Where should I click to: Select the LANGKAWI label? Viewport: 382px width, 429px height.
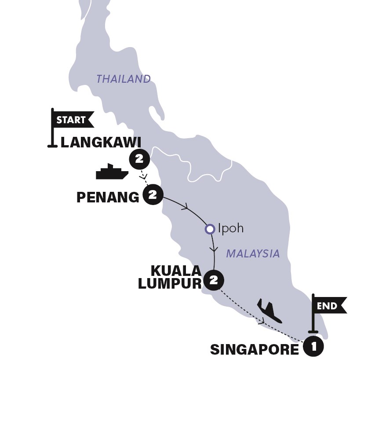101,142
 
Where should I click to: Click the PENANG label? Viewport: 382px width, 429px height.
108,197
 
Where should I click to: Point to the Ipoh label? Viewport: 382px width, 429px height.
230,229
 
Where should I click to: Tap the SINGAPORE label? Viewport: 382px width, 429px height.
255,349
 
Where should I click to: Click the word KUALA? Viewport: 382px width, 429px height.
176,270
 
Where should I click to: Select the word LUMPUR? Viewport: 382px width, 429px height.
170,284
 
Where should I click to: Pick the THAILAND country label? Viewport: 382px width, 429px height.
124,79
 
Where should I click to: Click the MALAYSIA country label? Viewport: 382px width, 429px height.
253,253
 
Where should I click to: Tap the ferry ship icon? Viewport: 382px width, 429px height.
112,172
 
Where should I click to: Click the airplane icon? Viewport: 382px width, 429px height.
269,311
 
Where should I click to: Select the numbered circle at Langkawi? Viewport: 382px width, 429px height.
139,159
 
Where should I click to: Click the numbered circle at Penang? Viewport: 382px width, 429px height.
153,195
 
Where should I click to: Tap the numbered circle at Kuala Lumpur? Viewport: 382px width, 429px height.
214,280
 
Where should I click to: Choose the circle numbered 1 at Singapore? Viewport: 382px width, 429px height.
313,346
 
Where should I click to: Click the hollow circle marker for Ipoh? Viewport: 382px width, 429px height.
210,229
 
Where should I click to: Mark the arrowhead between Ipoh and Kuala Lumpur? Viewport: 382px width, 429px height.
214,249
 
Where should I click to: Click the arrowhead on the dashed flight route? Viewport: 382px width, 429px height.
262,322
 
